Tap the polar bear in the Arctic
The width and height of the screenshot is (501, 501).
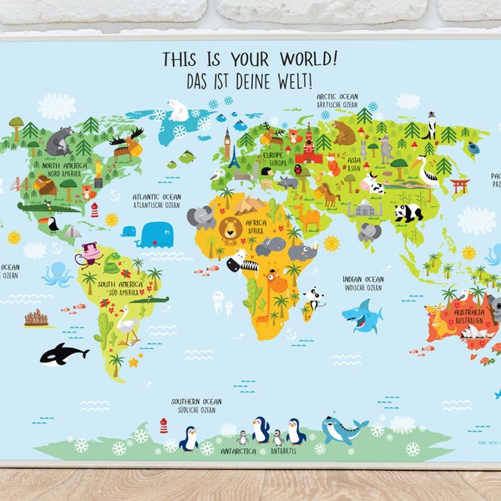179,109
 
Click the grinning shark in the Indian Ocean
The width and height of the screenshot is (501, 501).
362,316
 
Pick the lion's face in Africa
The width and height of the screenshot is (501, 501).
230,226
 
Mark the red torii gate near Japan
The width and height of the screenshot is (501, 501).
459,185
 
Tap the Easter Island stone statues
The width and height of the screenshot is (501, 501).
38,317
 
